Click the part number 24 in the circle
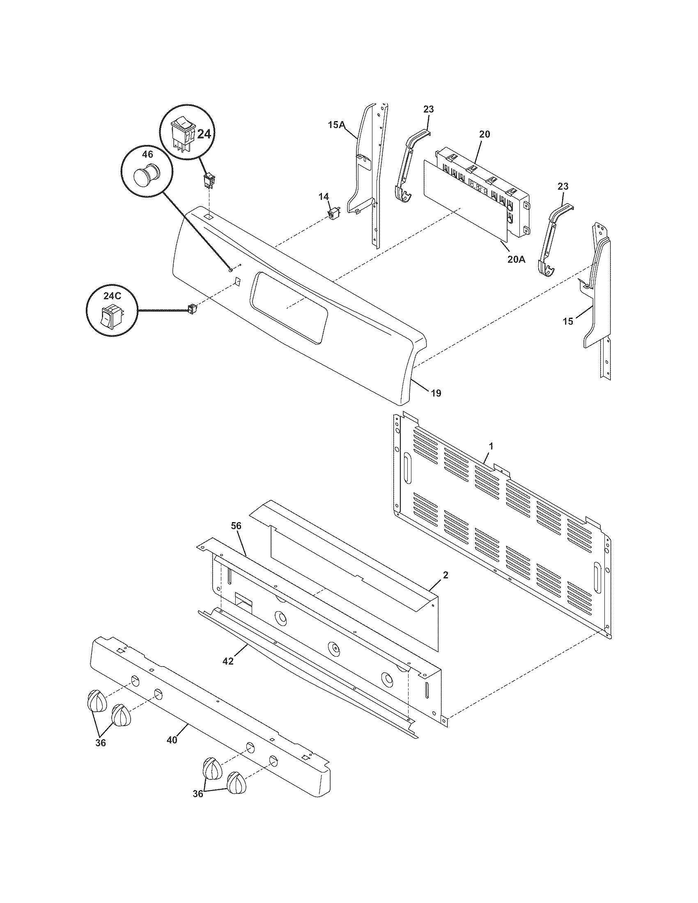point(203,134)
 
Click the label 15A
point(336,124)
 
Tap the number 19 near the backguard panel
point(436,393)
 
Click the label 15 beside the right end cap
point(568,321)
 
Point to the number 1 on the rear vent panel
point(491,446)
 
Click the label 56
point(236,526)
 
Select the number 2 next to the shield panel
point(445,575)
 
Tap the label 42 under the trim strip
point(228,661)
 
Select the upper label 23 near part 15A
point(428,109)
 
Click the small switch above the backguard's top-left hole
point(209,180)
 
